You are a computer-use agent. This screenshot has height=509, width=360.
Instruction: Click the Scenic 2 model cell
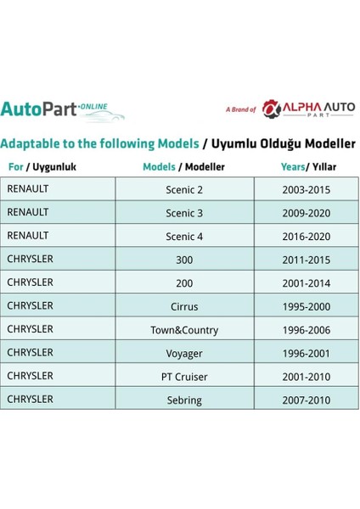184,189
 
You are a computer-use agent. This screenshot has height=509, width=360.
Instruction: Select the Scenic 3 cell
184,213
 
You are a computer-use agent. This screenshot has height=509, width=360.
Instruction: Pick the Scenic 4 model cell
184,237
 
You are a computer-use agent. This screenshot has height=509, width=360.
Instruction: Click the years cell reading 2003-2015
307,189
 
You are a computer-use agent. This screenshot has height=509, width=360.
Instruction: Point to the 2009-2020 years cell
307,213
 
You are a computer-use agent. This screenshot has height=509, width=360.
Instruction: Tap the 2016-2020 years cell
307,237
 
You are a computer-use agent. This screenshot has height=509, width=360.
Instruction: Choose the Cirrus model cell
184,306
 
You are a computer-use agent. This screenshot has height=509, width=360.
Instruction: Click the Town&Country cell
184,330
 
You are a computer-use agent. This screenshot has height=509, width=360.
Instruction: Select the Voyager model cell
184,353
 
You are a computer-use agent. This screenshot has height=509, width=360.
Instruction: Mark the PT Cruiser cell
184,377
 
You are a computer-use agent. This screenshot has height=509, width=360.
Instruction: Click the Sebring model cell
184,400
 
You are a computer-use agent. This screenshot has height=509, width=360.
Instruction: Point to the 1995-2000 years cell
307,306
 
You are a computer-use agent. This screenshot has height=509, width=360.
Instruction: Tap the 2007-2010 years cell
307,400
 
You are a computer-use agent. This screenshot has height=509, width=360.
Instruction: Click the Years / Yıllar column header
307,166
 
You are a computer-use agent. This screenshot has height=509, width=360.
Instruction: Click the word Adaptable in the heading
33,143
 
